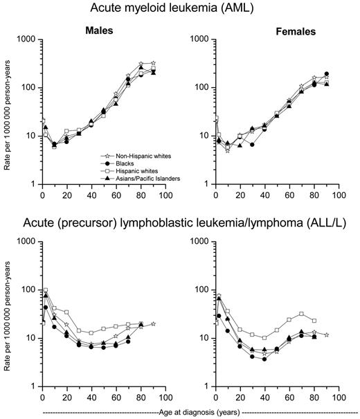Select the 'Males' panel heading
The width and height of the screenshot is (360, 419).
[100, 32]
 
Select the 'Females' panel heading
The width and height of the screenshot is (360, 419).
[277, 32]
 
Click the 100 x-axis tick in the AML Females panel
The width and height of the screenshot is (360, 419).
[339, 197]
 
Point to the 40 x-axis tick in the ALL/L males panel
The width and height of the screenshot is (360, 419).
[91, 399]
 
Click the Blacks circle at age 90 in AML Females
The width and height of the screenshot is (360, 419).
[326, 73]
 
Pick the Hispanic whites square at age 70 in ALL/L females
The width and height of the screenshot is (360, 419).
[301, 314]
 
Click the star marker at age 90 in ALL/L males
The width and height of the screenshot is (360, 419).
[153, 324]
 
